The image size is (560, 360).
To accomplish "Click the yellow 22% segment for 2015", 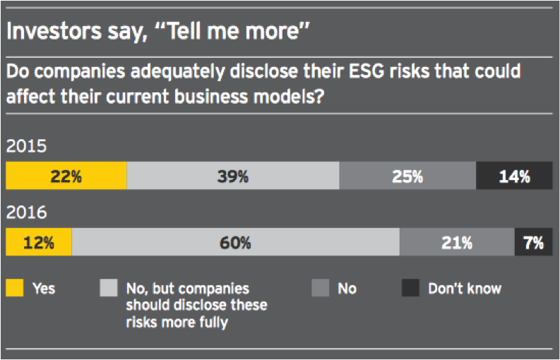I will click(66, 176).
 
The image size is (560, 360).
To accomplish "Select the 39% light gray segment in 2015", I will click(232, 176).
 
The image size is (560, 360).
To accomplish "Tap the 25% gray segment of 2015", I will click(407, 176).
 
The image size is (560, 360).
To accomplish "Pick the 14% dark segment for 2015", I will click(514, 176).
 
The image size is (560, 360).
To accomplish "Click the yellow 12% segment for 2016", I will click(38, 243).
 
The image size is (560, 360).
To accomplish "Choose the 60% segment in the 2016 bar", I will click(235, 243).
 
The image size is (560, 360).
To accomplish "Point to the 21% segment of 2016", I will click(457, 243).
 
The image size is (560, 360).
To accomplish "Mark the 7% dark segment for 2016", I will click(533, 243).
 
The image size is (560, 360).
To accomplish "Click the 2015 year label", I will click(26, 147).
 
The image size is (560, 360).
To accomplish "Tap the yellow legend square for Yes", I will click(15, 288).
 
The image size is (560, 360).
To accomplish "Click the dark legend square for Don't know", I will click(410, 288).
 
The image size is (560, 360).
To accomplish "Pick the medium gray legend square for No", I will click(320, 288).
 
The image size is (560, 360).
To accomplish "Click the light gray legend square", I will click(108, 288).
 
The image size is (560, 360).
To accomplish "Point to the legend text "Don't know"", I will click(464, 288).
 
